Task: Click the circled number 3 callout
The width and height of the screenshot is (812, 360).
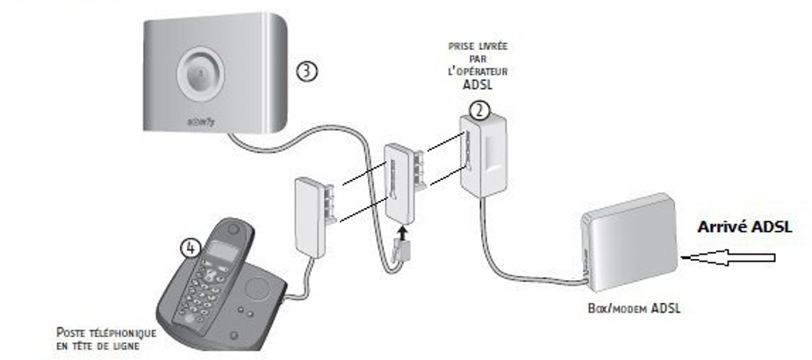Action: coord(306,70)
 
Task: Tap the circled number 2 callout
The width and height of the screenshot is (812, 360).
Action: coord(479,111)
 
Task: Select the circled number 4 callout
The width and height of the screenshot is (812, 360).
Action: coord(190,248)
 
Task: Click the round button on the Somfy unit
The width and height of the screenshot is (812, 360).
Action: coord(200,72)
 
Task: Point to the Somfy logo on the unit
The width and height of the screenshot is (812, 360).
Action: coord(200,122)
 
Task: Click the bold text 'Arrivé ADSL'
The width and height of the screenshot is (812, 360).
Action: coord(744,227)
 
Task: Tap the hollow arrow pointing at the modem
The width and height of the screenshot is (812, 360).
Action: coord(729,257)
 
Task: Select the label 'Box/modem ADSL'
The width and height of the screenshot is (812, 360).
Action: coord(634,309)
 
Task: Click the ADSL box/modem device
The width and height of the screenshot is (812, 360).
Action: coord(629,241)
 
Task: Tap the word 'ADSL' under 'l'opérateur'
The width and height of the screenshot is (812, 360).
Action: coord(478,85)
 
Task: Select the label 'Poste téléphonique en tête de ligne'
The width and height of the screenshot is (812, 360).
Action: coord(106,339)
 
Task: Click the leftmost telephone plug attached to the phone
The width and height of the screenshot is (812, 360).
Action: coord(313,217)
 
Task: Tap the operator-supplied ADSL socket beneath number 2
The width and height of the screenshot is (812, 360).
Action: coord(483,155)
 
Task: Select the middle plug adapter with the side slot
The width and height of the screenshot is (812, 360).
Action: coord(404,184)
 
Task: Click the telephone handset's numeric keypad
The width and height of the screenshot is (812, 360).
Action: coord(198,295)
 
